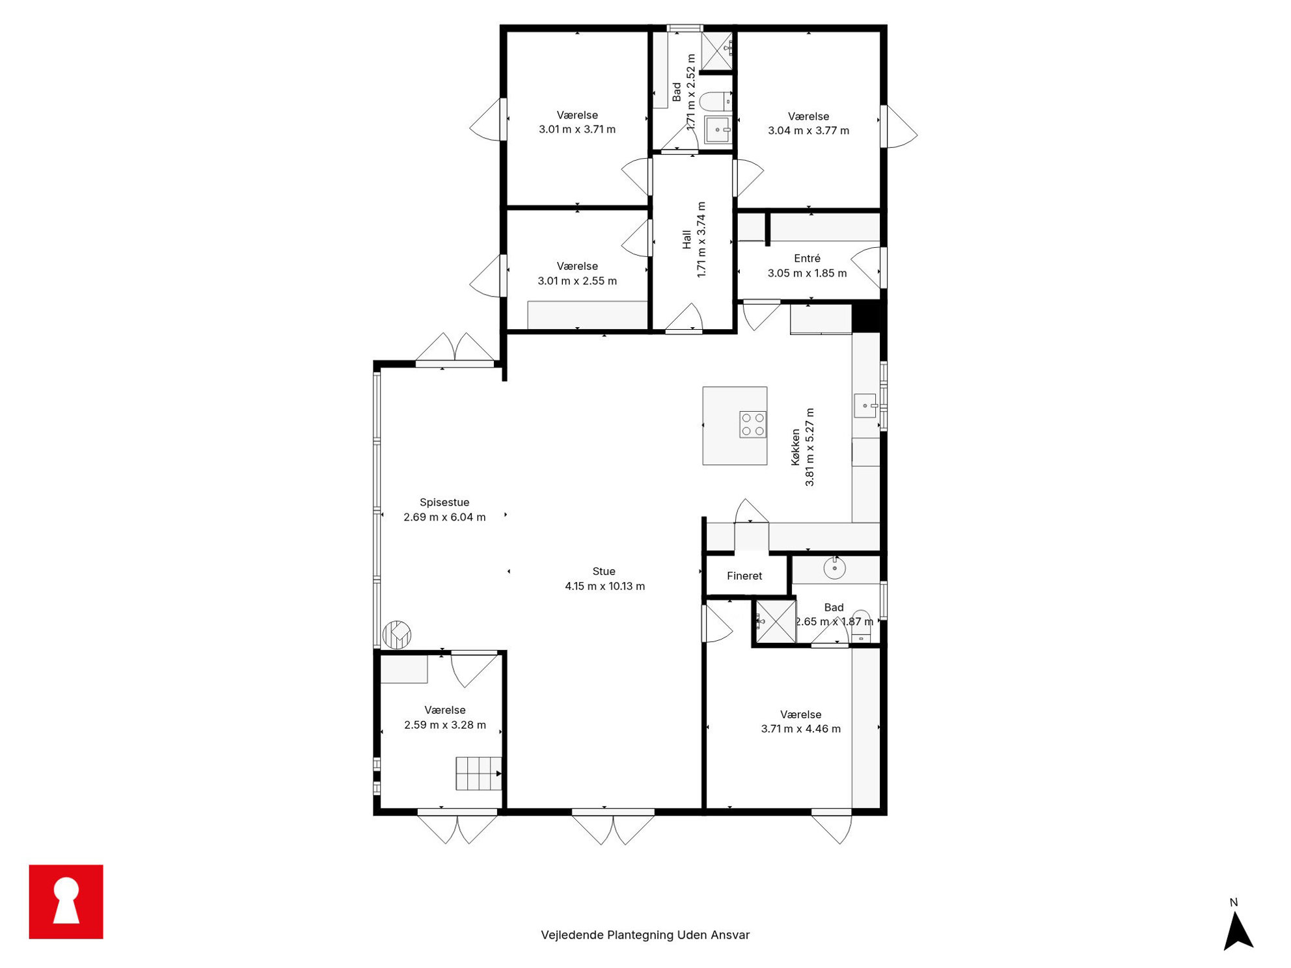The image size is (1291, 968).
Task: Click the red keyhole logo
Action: tap(66, 902)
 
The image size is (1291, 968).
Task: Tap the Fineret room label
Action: tap(744, 576)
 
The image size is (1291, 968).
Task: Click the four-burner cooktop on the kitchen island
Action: tap(753, 424)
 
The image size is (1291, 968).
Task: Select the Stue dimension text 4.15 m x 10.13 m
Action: tap(605, 586)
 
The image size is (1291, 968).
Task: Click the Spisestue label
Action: tap(444, 502)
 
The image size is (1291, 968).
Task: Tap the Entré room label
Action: tap(807, 258)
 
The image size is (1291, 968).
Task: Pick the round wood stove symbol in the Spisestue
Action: tap(396, 635)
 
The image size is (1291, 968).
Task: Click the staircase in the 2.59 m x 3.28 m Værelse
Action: tap(479, 773)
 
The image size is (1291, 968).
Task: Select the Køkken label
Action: tap(795, 447)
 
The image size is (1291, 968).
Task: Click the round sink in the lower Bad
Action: tap(834, 568)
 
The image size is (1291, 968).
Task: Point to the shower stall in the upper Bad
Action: tap(717, 50)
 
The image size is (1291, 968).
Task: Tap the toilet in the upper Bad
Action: tap(716, 101)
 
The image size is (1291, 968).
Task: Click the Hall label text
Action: tap(686, 239)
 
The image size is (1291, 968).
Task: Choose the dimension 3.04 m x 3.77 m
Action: tap(808, 131)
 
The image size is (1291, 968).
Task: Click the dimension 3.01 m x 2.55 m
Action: tap(577, 281)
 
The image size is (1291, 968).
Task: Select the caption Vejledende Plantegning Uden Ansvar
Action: tap(645, 935)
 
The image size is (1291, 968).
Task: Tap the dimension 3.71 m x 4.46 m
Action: tap(800, 729)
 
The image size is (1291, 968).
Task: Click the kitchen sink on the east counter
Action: tap(865, 405)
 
